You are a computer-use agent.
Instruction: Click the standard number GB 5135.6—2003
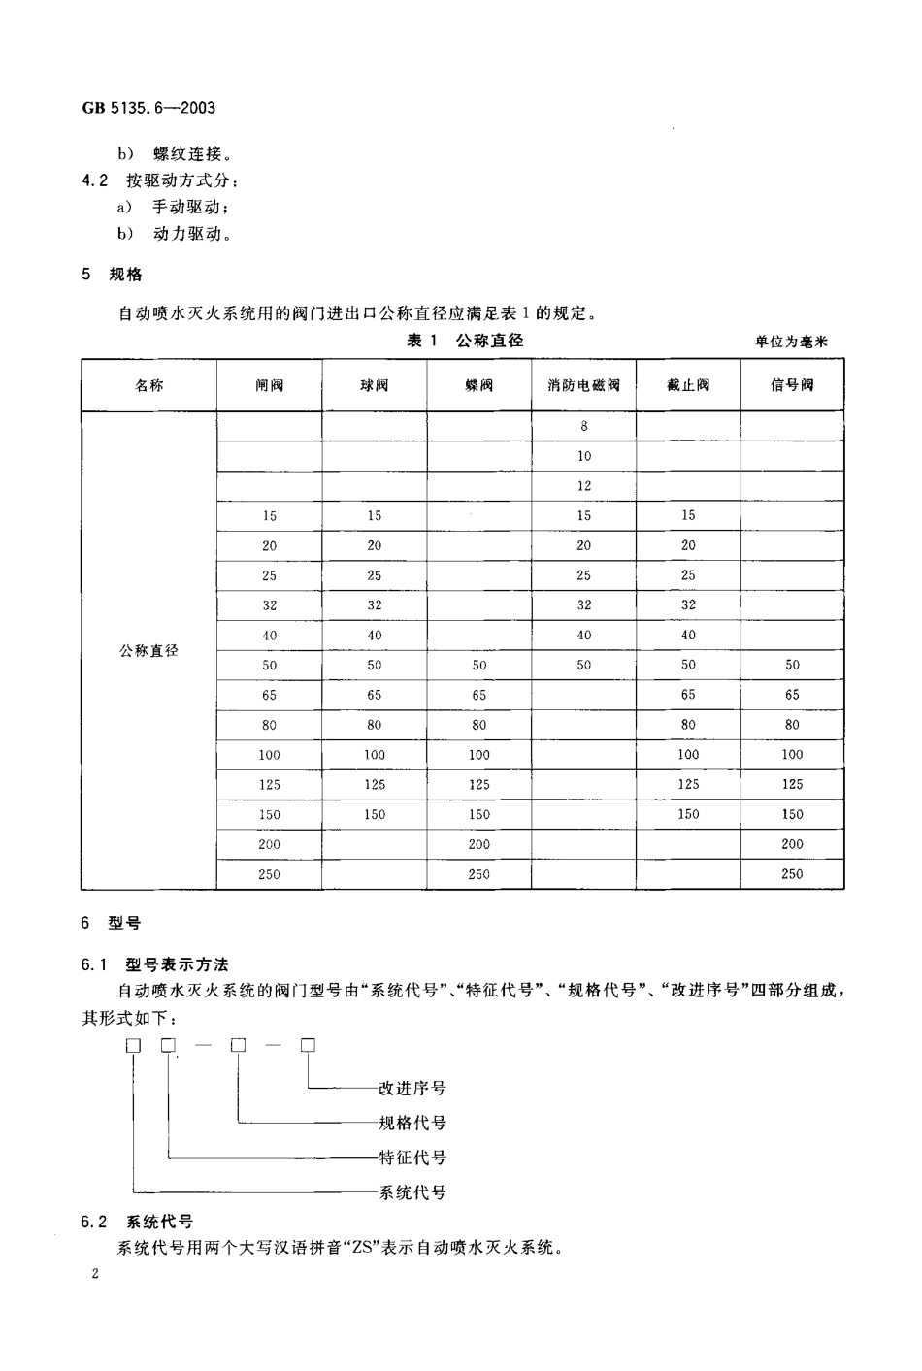coord(148,108)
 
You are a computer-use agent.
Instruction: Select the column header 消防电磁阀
coord(583,385)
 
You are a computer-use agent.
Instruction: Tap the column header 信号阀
coord(792,385)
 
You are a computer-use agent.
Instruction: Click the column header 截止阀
coord(688,385)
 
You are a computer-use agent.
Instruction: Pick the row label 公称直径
coord(148,650)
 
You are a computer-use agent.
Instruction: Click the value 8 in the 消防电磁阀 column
coord(584,426)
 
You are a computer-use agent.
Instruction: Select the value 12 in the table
coord(584,486)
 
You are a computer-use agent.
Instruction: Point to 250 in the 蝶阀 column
coord(479,874)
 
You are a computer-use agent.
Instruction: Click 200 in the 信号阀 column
coord(792,844)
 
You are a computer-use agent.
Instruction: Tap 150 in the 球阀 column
coord(375,814)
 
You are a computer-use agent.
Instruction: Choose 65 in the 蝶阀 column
coord(479,695)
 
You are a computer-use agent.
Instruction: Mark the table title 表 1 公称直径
coord(465,341)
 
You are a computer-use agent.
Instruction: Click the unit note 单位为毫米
coord(791,342)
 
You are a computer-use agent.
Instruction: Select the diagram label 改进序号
coord(412,1088)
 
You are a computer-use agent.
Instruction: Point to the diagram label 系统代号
coord(412,1191)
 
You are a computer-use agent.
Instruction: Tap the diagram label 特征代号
coord(412,1157)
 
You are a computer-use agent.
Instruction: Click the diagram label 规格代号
coord(412,1123)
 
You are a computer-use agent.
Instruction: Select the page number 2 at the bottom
coord(95,1273)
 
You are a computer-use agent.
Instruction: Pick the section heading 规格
coord(126,275)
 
